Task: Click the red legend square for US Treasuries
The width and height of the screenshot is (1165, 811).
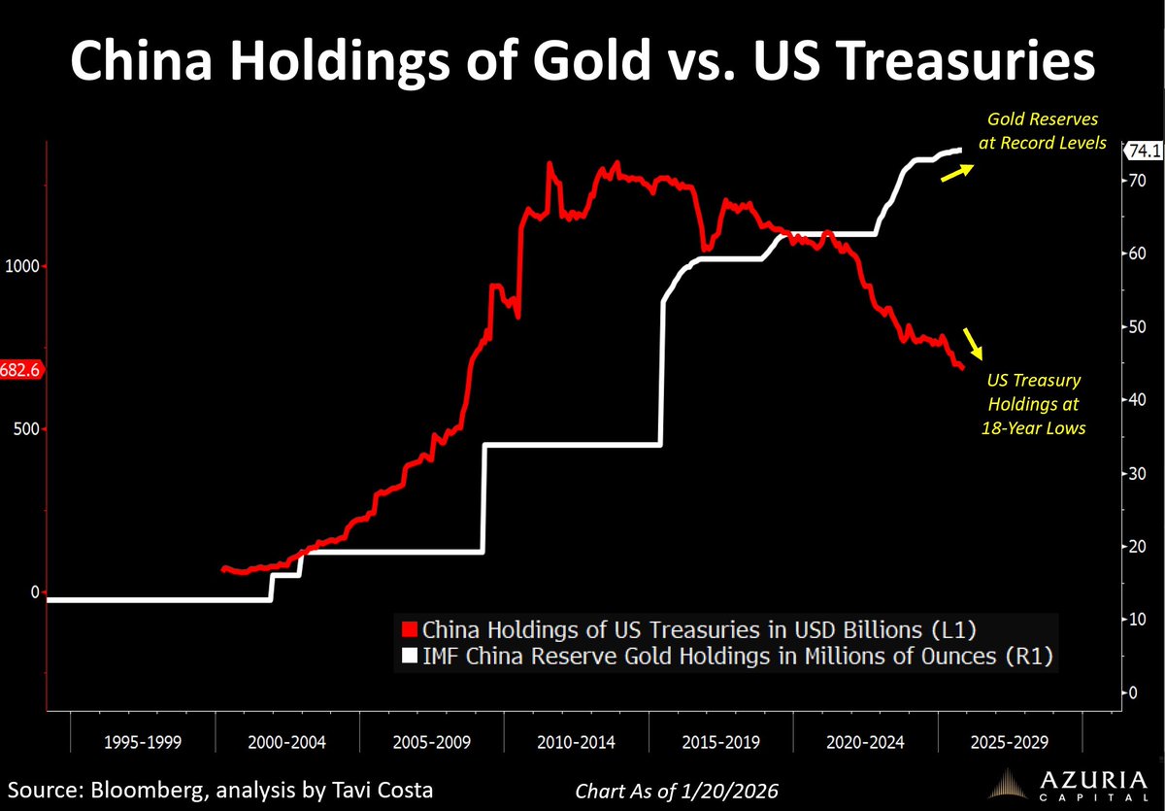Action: [x=411, y=627]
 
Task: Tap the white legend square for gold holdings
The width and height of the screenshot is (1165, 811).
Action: [x=411, y=656]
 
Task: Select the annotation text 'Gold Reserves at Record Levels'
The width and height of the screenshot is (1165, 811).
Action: [x=1047, y=131]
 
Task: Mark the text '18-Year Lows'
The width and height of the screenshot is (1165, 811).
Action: [x=1034, y=427]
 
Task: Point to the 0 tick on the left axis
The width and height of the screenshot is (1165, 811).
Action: [x=36, y=591]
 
